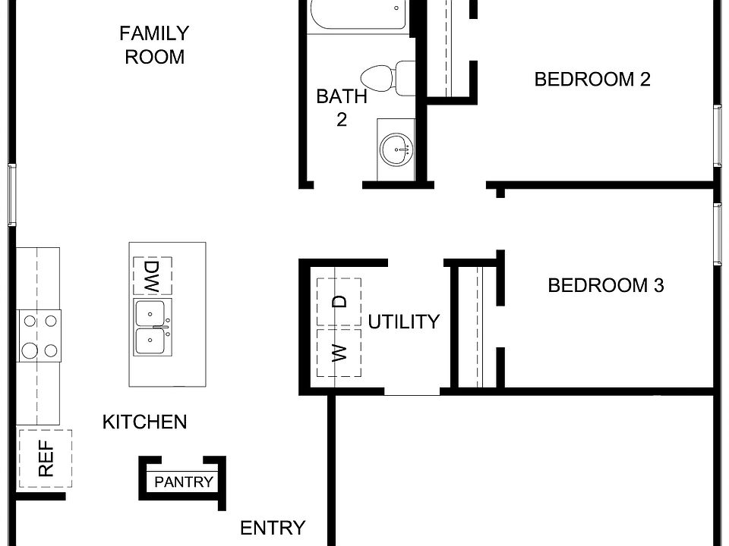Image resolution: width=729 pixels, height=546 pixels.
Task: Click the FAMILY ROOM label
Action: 154,45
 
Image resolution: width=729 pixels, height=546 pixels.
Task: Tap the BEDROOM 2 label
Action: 592,80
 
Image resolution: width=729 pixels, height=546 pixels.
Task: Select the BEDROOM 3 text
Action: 606,286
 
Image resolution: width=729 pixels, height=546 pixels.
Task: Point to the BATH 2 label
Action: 342,108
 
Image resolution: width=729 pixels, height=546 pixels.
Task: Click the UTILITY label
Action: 403,322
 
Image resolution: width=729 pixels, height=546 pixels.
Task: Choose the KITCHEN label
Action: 144,422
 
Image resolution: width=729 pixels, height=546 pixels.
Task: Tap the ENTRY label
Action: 273,528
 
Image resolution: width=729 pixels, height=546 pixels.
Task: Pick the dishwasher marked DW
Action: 152,277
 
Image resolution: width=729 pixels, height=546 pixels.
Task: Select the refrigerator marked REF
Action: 46,459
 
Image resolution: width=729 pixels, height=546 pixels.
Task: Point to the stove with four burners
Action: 39,336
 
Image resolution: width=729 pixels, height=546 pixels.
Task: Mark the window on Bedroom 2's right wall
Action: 718,135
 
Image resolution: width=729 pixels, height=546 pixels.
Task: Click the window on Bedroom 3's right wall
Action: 718,234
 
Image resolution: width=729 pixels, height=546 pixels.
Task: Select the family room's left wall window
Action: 11,195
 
